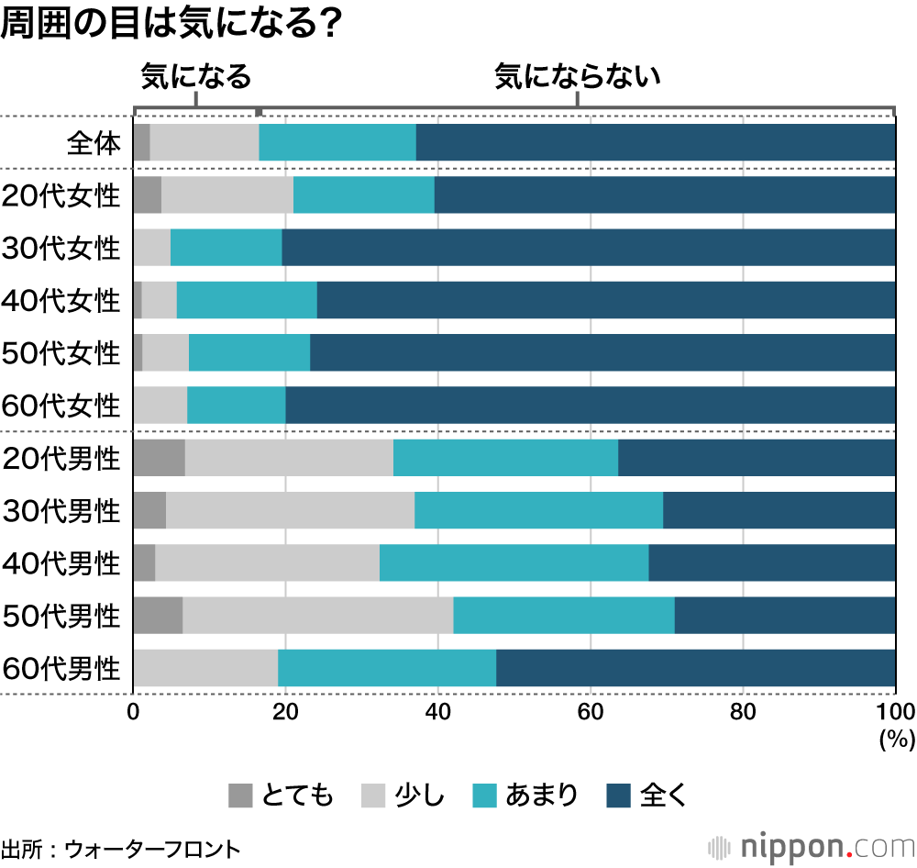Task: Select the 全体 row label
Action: tap(94, 144)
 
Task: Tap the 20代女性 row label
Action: tap(62, 195)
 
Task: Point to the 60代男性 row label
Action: tap(62, 669)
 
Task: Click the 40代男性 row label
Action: tap(62, 563)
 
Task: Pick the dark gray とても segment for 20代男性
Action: tap(159, 458)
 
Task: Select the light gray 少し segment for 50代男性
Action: tap(317, 616)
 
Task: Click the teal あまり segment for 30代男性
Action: tap(538, 511)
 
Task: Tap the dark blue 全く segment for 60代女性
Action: tap(590, 406)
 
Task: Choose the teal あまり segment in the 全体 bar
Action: tap(337, 143)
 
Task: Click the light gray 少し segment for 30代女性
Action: tap(151, 248)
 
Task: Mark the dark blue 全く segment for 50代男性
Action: tap(785, 616)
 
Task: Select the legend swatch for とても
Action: tap(239, 795)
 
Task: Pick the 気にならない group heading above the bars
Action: tap(578, 77)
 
